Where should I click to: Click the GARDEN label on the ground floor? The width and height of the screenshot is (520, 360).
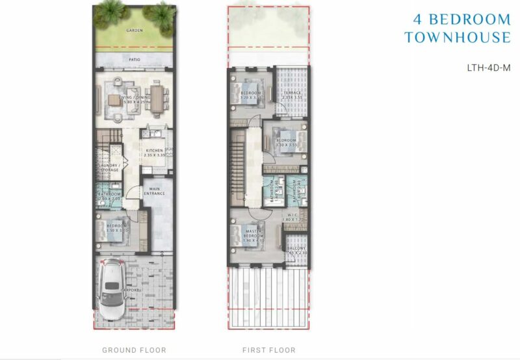click(135, 30)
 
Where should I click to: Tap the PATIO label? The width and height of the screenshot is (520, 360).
click(135, 60)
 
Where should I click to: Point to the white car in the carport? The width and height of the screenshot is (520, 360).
click(114, 290)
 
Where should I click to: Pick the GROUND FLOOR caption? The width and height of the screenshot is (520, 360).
click(134, 350)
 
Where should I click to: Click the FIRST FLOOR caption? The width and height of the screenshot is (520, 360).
click(268, 350)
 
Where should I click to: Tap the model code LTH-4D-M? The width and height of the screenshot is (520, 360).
click(489, 67)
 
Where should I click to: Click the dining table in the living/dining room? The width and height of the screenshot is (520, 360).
click(157, 98)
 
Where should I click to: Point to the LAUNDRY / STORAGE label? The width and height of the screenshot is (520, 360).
click(109, 168)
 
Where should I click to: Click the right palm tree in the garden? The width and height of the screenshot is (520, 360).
click(159, 13)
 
